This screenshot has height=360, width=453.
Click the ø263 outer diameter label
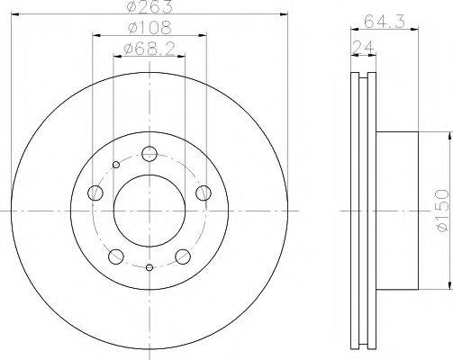point(149,9)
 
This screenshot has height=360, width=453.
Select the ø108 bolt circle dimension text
point(149,28)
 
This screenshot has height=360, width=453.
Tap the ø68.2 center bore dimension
point(149,49)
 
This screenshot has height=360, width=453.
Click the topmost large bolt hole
point(149,152)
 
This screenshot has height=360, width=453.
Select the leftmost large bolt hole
point(95,192)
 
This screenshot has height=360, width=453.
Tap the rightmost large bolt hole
point(204,192)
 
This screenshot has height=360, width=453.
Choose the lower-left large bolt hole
point(115,256)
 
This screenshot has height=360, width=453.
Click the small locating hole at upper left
point(115,165)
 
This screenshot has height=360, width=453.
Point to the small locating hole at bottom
point(149,267)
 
